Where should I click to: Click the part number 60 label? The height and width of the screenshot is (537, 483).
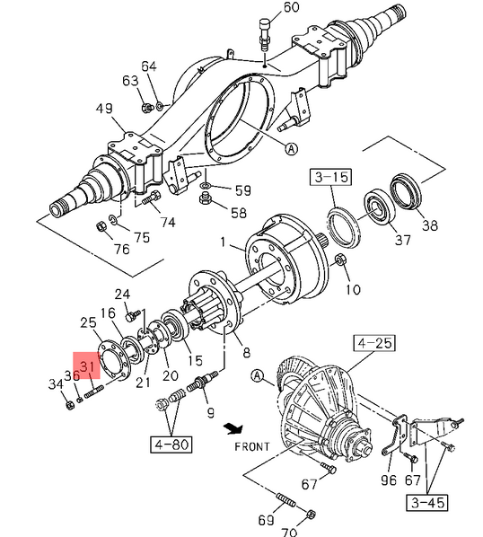(291, 7)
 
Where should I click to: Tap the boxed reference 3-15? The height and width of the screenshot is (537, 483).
(331, 177)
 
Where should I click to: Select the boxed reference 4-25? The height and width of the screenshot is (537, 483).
(375, 343)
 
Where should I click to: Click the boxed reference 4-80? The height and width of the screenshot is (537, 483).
(171, 445)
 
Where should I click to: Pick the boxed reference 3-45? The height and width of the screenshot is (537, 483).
(427, 503)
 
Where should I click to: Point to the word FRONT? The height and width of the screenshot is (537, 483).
(252, 447)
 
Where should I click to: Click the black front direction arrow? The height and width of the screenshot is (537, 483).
(233, 428)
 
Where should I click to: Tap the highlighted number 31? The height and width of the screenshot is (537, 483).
(87, 365)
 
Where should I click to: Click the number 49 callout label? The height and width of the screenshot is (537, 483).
(104, 109)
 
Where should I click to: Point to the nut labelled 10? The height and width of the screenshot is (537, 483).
(339, 259)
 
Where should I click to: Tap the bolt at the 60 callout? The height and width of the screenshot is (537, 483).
(265, 35)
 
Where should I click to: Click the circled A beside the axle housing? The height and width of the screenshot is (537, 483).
(291, 149)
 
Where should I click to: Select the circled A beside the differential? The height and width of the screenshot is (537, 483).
(258, 376)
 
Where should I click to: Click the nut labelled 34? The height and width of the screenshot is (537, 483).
(70, 405)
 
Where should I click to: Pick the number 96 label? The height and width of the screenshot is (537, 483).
(389, 480)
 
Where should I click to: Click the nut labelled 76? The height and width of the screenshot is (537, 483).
(101, 226)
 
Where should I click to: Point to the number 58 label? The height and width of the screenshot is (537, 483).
(239, 213)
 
